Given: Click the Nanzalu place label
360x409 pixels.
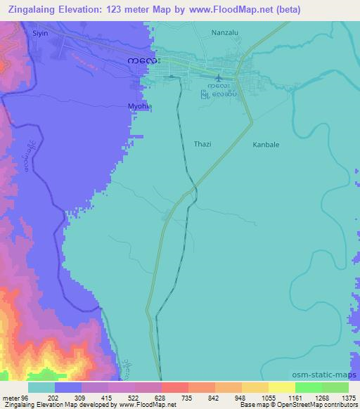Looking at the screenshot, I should pos(226,32).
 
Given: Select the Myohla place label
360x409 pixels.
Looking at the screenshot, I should pos(139,105).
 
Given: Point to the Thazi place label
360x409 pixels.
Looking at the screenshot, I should pos(202,144).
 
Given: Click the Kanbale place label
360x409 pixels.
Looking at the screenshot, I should pos(266,145).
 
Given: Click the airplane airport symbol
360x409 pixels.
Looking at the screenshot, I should pos(219,77).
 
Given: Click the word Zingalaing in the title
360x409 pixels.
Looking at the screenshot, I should pos(34,10).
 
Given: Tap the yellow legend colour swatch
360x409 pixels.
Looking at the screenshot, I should pos(281,387).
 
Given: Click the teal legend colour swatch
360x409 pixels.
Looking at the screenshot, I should pos(41,387).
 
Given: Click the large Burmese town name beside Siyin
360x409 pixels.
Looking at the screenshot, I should pos(143,60).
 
